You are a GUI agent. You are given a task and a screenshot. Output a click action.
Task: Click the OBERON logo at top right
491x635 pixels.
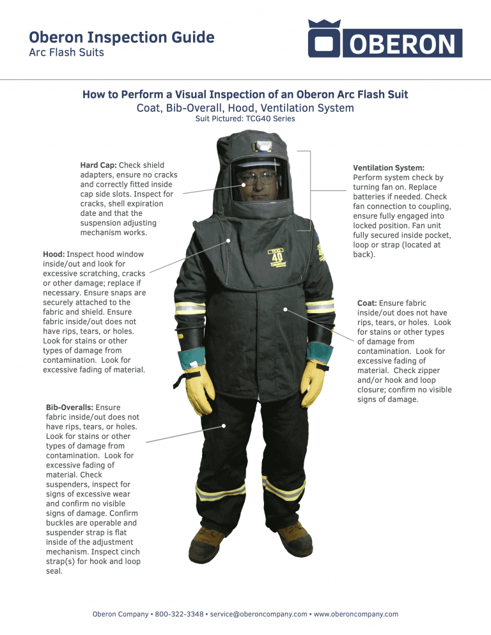coord(385,39)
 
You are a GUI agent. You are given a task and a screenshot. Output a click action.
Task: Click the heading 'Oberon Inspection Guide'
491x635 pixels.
coord(122,38)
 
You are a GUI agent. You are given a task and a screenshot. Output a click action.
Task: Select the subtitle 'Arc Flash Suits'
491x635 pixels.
coord(66,52)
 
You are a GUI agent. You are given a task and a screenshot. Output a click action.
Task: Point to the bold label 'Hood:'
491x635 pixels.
coord(54,254)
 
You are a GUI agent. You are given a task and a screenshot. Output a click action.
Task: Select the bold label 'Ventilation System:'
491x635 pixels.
coord(389,168)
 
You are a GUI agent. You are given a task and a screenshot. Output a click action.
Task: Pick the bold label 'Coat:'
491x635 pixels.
coord(368,303)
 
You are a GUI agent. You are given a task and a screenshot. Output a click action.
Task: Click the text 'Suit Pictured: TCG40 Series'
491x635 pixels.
coord(245,118)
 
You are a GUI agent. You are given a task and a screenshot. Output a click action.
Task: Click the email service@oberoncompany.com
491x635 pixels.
coord(259,614)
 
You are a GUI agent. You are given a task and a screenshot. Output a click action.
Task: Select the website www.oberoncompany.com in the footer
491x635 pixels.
coord(356,614)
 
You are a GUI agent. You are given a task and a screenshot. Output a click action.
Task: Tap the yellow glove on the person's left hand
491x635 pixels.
coord(313,380)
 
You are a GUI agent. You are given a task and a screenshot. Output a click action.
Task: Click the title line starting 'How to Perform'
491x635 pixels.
coord(245,95)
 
